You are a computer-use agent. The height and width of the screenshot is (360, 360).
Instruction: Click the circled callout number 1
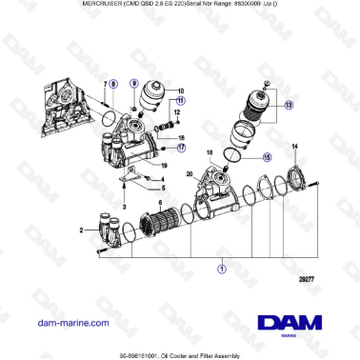point(221,270)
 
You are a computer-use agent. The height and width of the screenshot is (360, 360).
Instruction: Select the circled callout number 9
point(134,83)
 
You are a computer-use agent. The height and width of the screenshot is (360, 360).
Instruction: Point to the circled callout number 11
point(181,100)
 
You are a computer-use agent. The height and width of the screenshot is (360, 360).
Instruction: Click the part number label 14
point(295,146)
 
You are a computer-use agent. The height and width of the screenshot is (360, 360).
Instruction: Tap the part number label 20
point(190,173)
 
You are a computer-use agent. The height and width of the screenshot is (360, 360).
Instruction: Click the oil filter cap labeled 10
point(154,96)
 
